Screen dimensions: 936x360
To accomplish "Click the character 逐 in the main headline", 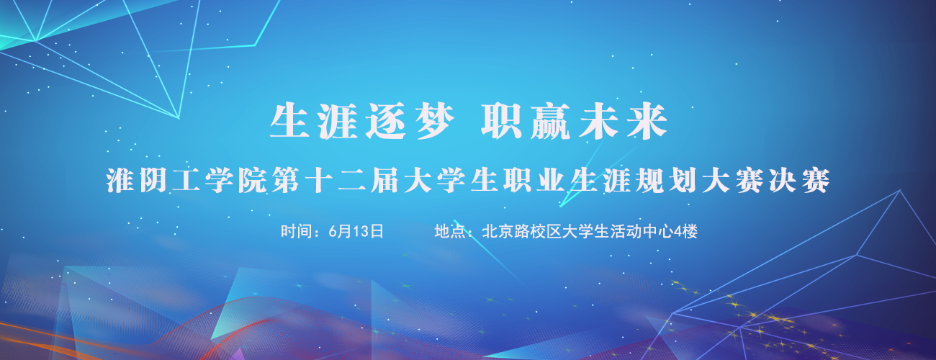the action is [x=385, y=121].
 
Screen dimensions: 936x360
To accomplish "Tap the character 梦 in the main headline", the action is [x=435, y=121].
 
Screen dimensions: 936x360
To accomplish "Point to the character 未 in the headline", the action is [x=598, y=121].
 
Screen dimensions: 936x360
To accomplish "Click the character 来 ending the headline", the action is [x=647, y=121].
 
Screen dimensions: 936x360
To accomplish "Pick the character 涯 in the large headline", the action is [x=338, y=121].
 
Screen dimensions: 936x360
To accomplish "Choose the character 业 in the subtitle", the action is [x=551, y=181].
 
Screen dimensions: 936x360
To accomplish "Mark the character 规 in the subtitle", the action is [x=650, y=181].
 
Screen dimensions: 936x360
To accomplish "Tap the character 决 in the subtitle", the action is [x=783, y=181].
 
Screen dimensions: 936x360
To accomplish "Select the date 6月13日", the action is [x=356, y=231].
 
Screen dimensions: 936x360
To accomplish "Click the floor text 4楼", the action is [x=685, y=231].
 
